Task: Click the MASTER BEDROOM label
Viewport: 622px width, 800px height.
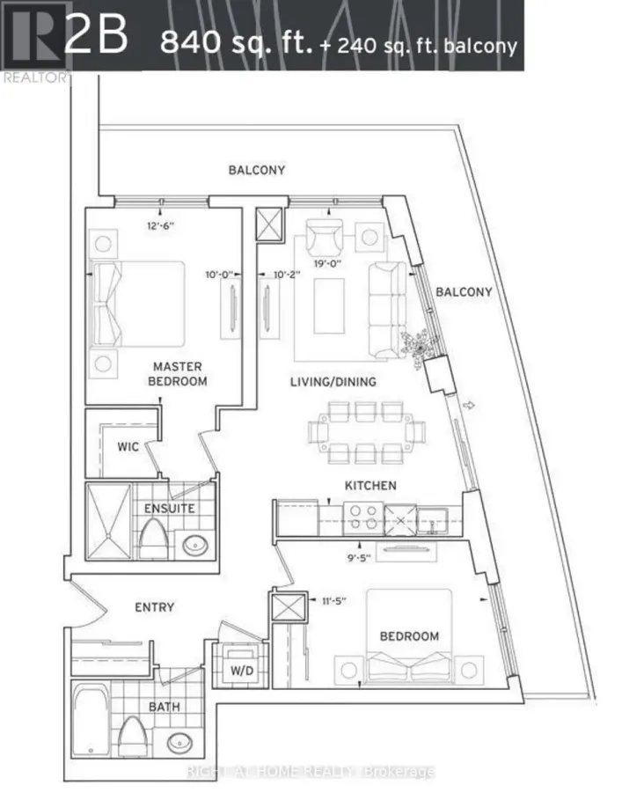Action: pos(178,373)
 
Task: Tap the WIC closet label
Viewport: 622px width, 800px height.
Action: pos(128,446)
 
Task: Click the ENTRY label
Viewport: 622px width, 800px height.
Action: pos(154,606)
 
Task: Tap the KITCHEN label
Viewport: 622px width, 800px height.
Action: pos(370,485)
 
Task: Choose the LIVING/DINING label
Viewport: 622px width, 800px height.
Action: pos(333,382)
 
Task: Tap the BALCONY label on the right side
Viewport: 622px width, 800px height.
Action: pos(463,291)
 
